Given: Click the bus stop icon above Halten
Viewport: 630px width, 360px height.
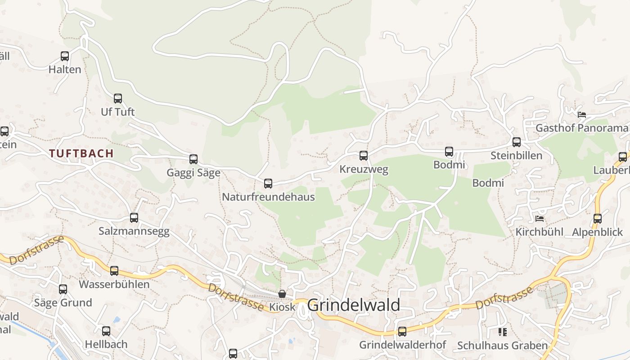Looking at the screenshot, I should [x=65, y=56].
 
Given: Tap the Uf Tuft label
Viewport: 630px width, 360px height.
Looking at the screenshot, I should [x=118, y=112].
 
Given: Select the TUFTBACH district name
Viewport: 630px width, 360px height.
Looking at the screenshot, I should [x=81, y=153].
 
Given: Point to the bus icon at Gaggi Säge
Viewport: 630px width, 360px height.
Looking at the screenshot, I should [x=193, y=159].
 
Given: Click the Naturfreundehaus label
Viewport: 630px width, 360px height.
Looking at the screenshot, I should [x=268, y=197].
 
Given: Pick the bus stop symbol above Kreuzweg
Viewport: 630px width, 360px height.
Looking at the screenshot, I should [x=364, y=156].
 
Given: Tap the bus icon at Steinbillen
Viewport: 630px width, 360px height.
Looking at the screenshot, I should [x=516, y=142].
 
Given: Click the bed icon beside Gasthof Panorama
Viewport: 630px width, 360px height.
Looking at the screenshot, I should [x=582, y=115].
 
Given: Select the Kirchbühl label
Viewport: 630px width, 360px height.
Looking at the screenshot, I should [x=539, y=232].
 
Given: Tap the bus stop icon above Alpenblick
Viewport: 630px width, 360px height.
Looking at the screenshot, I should [x=598, y=219].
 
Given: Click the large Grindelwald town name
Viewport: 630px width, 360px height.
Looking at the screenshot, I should [x=354, y=305].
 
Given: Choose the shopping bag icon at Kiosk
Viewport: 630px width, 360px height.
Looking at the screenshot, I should [x=282, y=294].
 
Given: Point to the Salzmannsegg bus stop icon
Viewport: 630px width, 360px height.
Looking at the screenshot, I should [x=134, y=218].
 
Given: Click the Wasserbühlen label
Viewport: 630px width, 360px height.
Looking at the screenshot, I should [x=114, y=284].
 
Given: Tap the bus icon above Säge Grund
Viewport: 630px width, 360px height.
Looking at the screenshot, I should [x=63, y=289].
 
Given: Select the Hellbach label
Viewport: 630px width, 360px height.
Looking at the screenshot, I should [x=106, y=345].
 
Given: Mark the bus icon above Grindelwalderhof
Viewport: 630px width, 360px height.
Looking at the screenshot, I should [x=402, y=332].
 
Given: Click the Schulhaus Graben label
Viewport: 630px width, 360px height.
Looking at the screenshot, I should [x=502, y=346].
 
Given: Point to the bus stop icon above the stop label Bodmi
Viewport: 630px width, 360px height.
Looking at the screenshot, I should [x=449, y=152].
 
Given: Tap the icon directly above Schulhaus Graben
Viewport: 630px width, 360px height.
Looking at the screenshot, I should [x=503, y=332].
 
